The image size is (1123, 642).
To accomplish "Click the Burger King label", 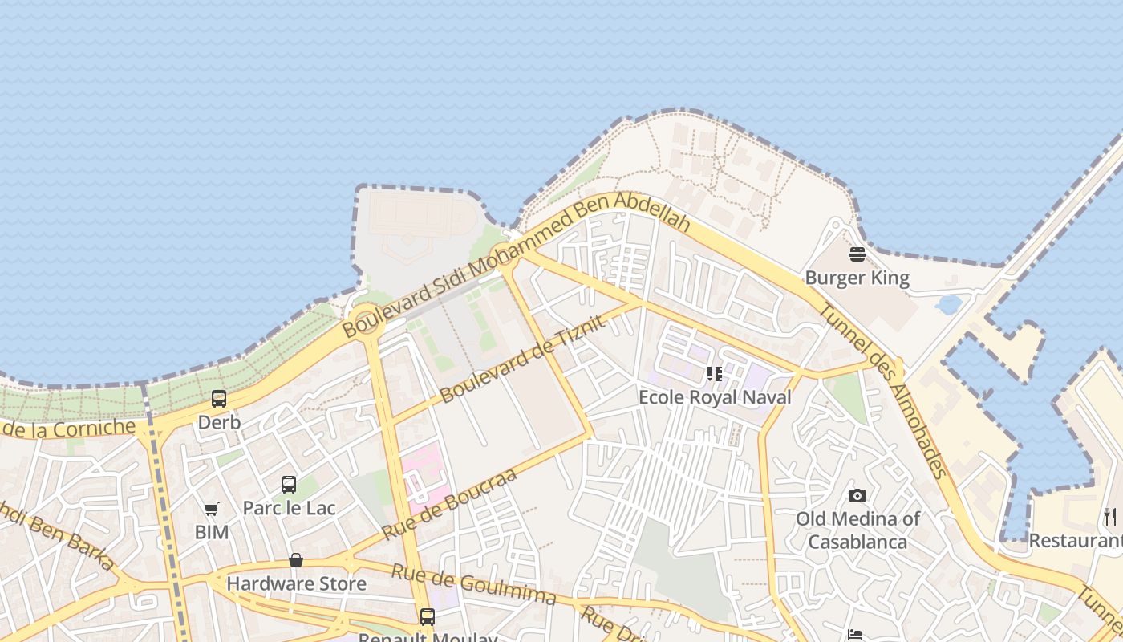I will tap(857, 278).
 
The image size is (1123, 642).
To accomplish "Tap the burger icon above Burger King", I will tap(857, 255).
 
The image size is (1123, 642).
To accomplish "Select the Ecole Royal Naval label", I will tap(715, 397).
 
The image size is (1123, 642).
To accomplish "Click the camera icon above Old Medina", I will tap(857, 495).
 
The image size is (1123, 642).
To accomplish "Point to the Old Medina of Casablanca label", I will tap(857, 530).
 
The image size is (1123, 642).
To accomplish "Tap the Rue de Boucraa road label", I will tap(448, 504).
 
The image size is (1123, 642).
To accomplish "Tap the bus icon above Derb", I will tap(219, 399).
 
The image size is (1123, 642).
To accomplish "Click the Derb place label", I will tap(219, 422).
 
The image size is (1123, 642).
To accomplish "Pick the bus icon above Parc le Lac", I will tap(289, 485).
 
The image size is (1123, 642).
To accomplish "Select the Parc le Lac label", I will tap(289, 508).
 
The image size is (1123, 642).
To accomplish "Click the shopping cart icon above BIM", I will tap(212, 509).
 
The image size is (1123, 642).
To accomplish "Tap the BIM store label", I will tap(212, 532).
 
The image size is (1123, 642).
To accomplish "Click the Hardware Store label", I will tap(296, 583).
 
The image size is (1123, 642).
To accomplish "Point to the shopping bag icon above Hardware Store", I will tap(296, 560).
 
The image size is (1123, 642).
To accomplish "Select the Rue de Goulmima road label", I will tap(473, 584).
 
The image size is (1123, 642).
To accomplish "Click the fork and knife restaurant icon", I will tap(1110, 517).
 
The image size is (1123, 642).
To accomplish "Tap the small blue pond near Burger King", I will tap(948, 305).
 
